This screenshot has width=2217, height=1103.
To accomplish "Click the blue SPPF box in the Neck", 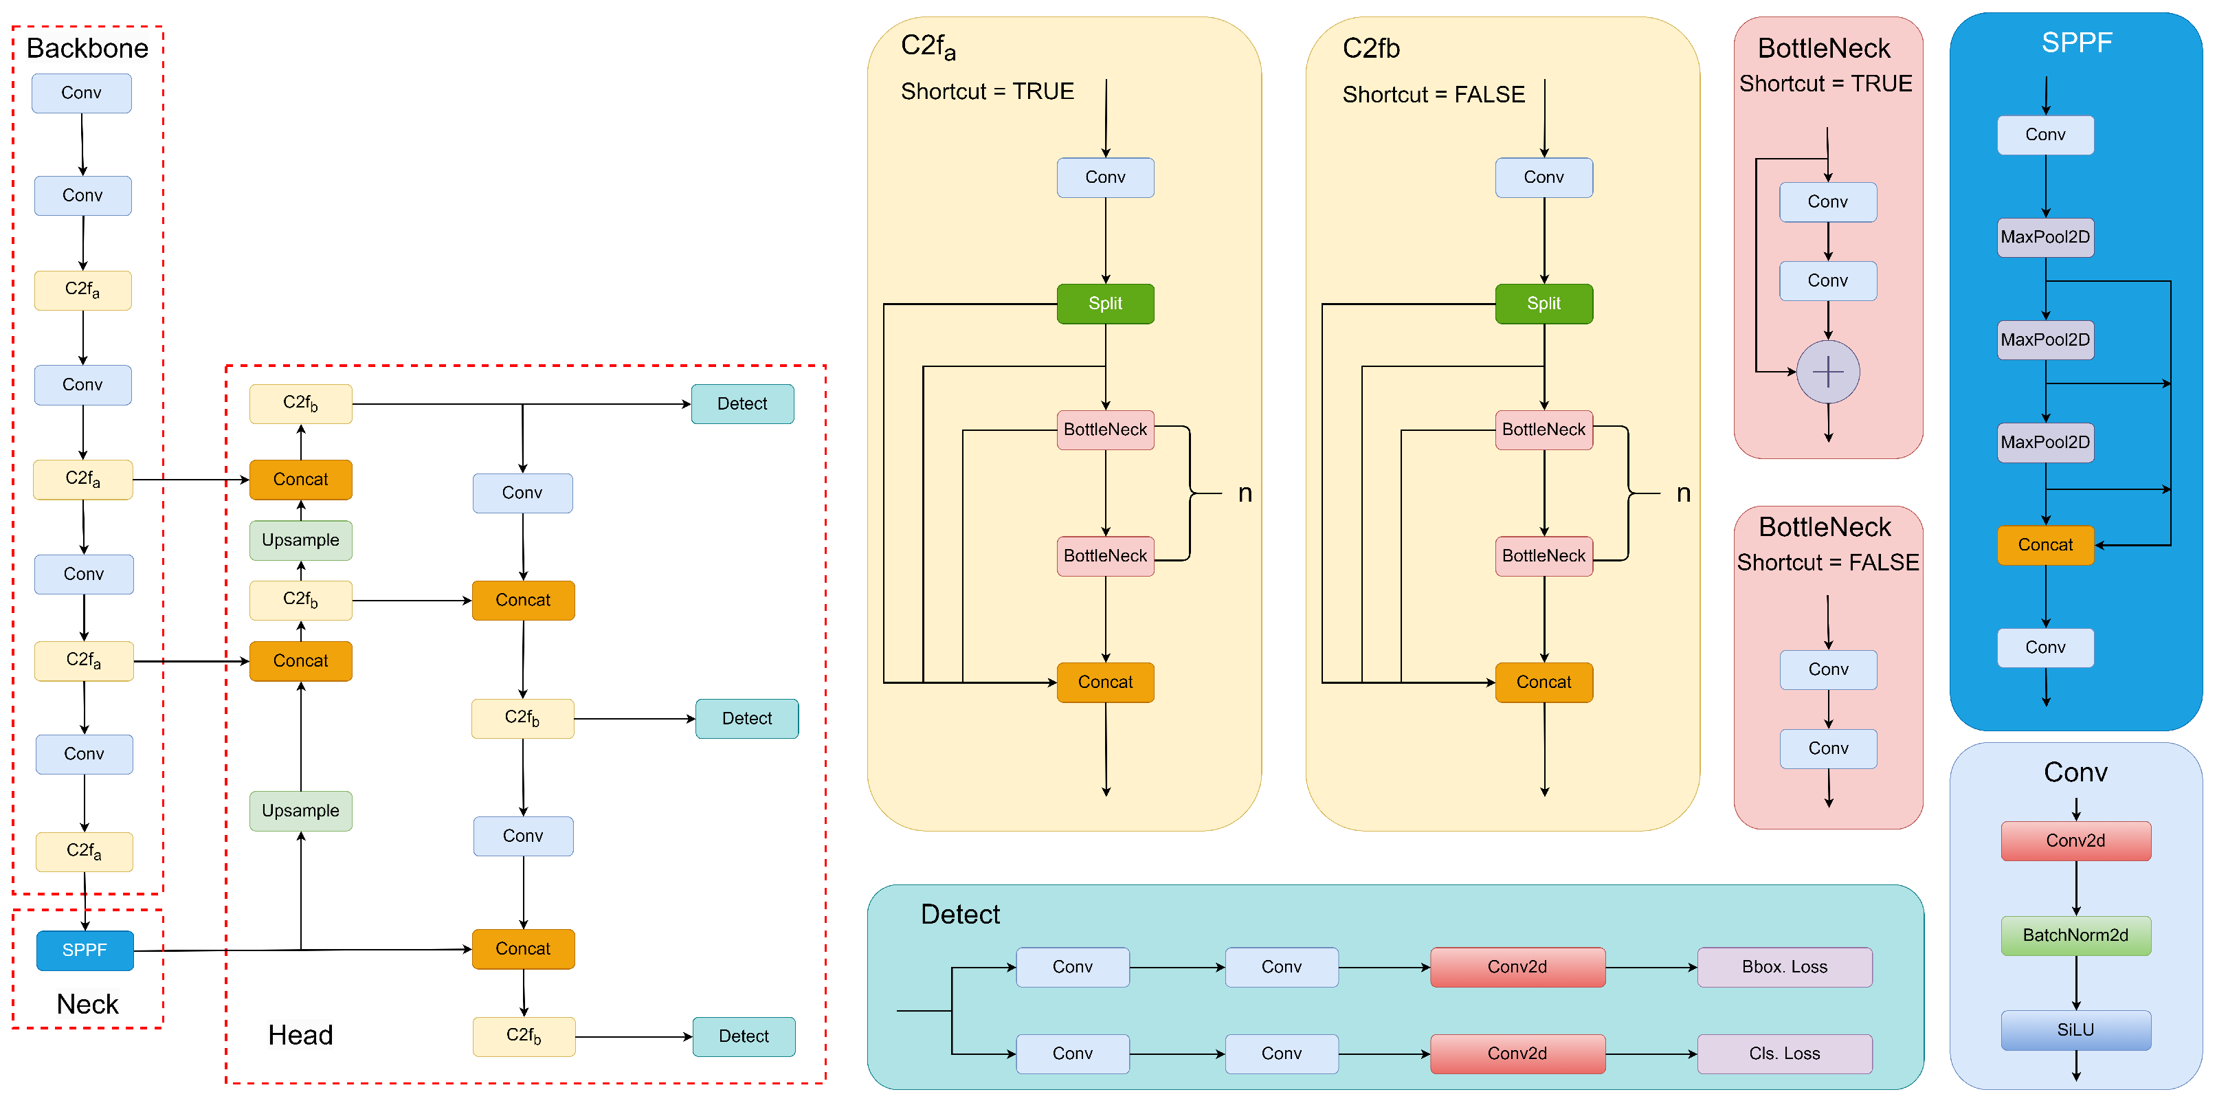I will pyautogui.click(x=85, y=950).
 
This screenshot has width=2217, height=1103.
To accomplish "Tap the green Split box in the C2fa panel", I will pyautogui.click(x=1105, y=304).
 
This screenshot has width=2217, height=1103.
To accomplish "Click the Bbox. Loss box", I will pyautogui.click(x=1784, y=967).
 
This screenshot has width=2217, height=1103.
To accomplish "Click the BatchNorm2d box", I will pyautogui.click(x=2075, y=935).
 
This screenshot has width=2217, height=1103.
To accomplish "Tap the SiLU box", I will pyautogui.click(x=2075, y=1030).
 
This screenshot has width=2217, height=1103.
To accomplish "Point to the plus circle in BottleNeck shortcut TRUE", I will pyautogui.click(x=1828, y=372).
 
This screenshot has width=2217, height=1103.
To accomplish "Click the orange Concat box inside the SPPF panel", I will pyautogui.click(x=2045, y=544).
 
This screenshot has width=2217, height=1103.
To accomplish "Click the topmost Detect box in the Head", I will pyautogui.click(x=742, y=403).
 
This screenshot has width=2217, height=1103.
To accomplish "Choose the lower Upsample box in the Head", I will pyautogui.click(x=300, y=810).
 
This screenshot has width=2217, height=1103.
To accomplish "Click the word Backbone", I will pyautogui.click(x=87, y=48).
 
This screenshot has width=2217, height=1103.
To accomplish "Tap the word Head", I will pyautogui.click(x=300, y=1035).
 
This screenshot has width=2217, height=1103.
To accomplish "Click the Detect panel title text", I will pyautogui.click(x=959, y=914).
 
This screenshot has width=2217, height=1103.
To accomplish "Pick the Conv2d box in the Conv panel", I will pyautogui.click(x=2075, y=840).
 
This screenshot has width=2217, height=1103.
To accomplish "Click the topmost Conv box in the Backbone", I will pyautogui.click(x=82, y=93).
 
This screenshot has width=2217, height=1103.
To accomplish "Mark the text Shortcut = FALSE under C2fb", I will pyautogui.click(x=1433, y=95).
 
